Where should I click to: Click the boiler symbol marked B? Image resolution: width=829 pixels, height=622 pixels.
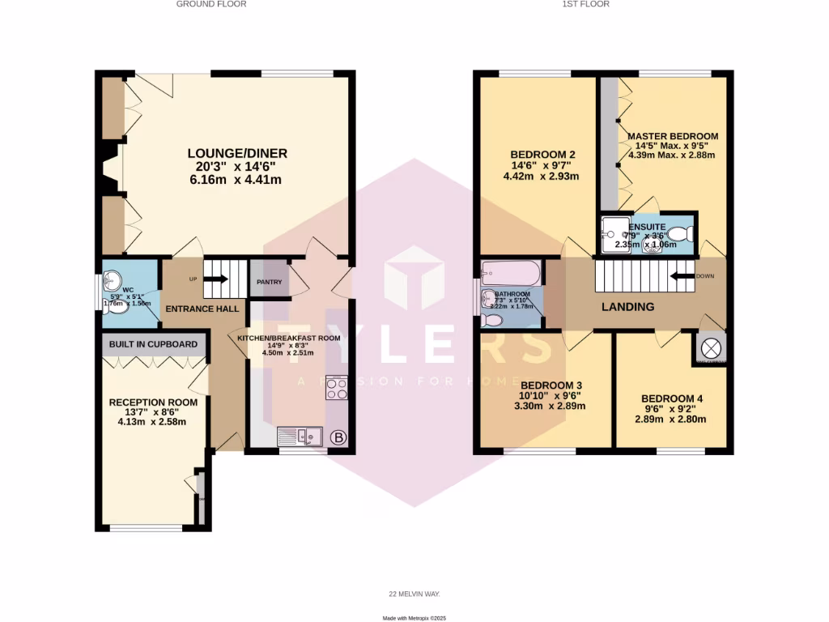pos(339,438)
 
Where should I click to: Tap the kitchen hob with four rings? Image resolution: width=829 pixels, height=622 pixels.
pos(336,388)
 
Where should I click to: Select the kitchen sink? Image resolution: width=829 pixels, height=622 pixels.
pos(300,437)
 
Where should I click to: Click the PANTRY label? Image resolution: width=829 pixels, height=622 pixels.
pos(269,282)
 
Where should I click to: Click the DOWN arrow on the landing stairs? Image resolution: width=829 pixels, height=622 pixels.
pos(685,276)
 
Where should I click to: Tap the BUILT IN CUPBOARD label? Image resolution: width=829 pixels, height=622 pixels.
pos(154,344)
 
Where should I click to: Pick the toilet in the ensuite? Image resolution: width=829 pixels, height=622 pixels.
pos(680,235)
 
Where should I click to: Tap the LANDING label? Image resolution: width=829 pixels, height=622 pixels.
pos(627,307)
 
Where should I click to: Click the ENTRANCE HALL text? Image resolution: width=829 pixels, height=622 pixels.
pos(202,309)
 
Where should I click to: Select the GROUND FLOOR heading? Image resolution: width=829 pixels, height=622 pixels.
pos(211,4)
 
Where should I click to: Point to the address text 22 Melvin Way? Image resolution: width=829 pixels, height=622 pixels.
pos(414,594)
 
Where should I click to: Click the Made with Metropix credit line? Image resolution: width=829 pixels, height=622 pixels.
pos(414,618)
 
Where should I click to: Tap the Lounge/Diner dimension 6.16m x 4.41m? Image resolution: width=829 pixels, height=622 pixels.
pos(236,180)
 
